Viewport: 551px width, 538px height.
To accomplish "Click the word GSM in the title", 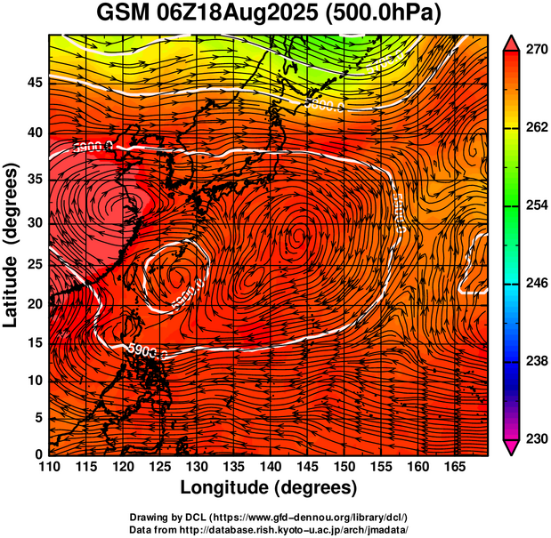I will (125, 13).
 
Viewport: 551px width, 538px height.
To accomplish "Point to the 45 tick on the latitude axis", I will (34, 83).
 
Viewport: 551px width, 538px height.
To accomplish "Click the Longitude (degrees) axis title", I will (269, 488).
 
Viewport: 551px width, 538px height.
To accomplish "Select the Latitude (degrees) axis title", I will (12, 245).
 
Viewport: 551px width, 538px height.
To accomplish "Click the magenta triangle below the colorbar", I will (512, 446).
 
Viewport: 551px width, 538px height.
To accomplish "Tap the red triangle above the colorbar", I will (512, 42).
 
